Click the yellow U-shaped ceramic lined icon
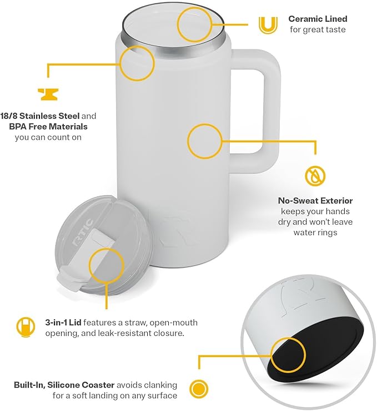pyautogui.click(x=268, y=25)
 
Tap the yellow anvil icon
pyautogui.click(x=48, y=95)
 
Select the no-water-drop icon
pyautogui.click(x=315, y=176)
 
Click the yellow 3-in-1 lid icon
pyautogui.click(x=26, y=327)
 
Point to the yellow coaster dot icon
pyautogui.click(x=199, y=388)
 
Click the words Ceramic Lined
pyautogui.click(x=318, y=19)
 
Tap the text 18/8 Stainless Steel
pyautogui.click(x=40, y=116)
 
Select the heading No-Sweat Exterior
pyautogui.click(x=315, y=201)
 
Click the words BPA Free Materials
pyautogui.click(x=48, y=127)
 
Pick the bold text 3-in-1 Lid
pyautogui.click(x=63, y=323)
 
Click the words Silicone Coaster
pyautogui.click(x=81, y=385)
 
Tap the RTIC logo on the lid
pyautogui.click(x=82, y=232)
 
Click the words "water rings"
pyautogui.click(x=315, y=232)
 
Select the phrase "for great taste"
pyautogui.click(x=318, y=29)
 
